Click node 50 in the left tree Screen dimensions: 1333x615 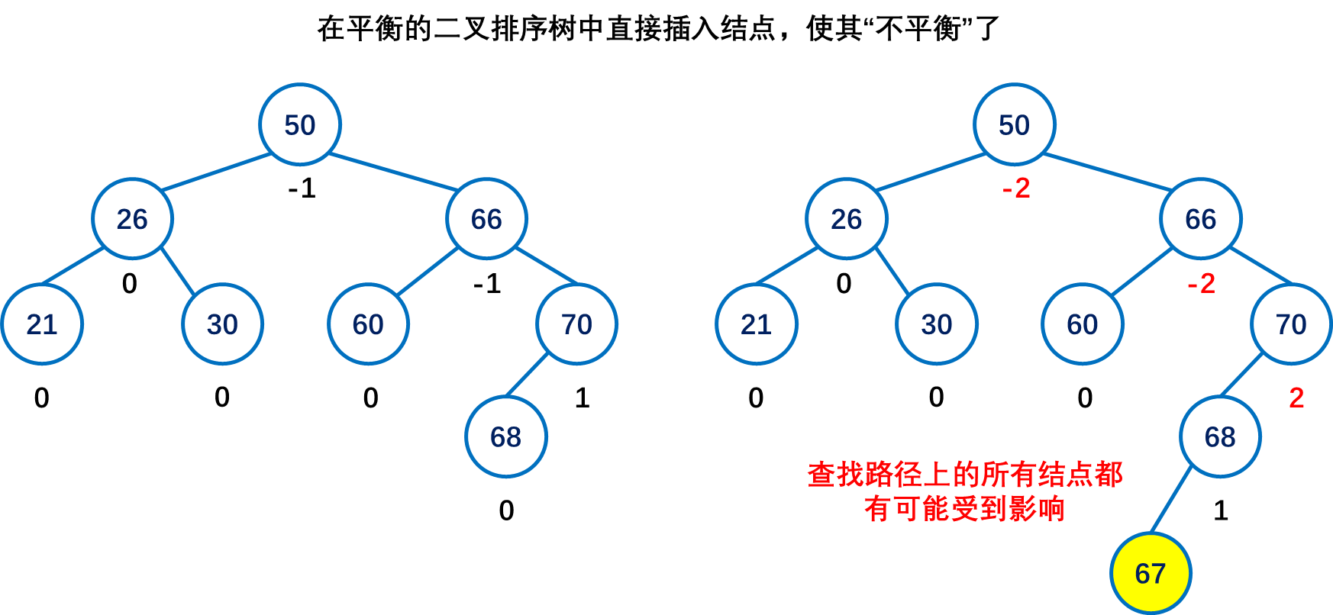coord(300,124)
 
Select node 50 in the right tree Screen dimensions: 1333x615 coord(1015,124)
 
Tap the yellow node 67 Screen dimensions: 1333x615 coord(1151,573)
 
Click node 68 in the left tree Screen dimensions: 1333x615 coord(506,436)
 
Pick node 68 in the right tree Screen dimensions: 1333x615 coord(1220,436)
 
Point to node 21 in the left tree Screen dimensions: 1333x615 coord(42,324)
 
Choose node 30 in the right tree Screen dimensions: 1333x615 coord(937,324)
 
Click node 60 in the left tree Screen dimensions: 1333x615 coord(368,324)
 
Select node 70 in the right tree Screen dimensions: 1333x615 coord(1291,324)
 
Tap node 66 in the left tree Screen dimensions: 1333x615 coord(486,219)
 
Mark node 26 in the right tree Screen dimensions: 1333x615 coord(847,219)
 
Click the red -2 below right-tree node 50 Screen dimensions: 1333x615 coord(1017,188)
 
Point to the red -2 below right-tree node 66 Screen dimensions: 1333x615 coord(1202,284)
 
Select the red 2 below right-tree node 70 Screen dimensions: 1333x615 coord(1296,398)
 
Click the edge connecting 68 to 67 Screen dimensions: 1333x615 coord(1170,500)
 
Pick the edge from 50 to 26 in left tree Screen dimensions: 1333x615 coord(216,172)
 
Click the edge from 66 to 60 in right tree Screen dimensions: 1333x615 coord(1142,272)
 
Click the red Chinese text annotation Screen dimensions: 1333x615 coord(964,491)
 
